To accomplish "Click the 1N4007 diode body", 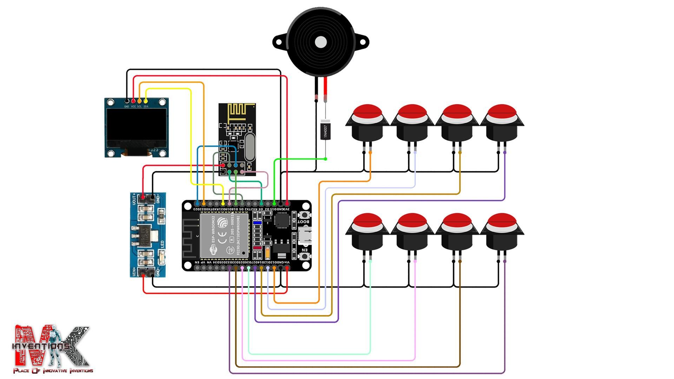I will click(325, 131).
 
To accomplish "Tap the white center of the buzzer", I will click(321, 42).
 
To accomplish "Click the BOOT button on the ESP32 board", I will click(304, 215).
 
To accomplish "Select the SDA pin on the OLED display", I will click(146, 101).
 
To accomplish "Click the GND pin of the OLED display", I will click(127, 101).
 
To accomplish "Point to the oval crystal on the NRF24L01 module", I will click(249, 148).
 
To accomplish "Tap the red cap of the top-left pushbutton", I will click(367, 112).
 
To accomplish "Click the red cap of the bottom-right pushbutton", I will click(502, 221).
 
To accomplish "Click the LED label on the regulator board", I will click(162, 245).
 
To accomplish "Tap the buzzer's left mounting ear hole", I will click(278, 42).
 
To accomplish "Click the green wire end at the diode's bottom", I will click(325, 159).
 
